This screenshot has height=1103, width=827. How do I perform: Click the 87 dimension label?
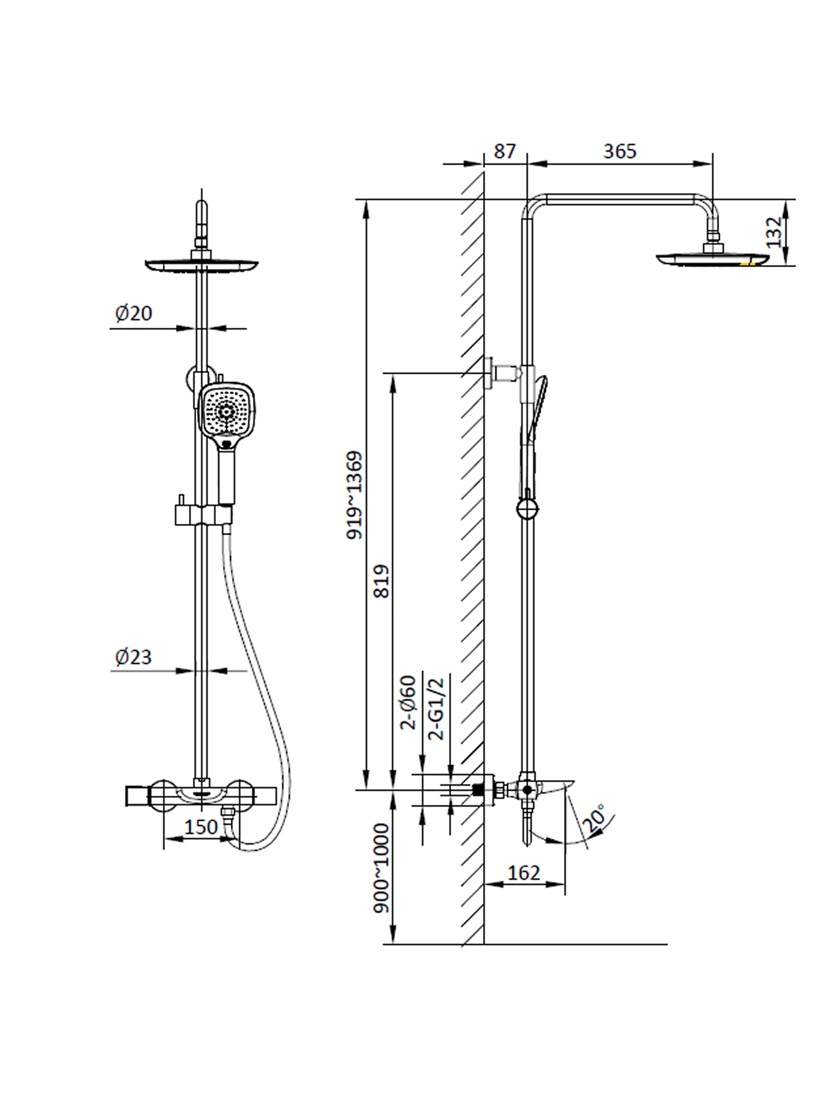tap(504, 151)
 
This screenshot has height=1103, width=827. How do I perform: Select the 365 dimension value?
tap(619, 151)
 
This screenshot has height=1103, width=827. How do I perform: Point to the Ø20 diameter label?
tap(133, 313)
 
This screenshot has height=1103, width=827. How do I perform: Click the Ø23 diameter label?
tap(133, 657)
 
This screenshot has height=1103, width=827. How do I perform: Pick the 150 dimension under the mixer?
tap(201, 827)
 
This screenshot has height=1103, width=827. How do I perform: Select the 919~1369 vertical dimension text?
tap(355, 495)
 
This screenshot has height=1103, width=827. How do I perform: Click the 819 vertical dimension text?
tap(381, 581)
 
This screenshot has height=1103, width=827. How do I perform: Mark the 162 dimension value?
tap(523, 873)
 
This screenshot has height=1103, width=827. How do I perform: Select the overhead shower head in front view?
tap(201, 265)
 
